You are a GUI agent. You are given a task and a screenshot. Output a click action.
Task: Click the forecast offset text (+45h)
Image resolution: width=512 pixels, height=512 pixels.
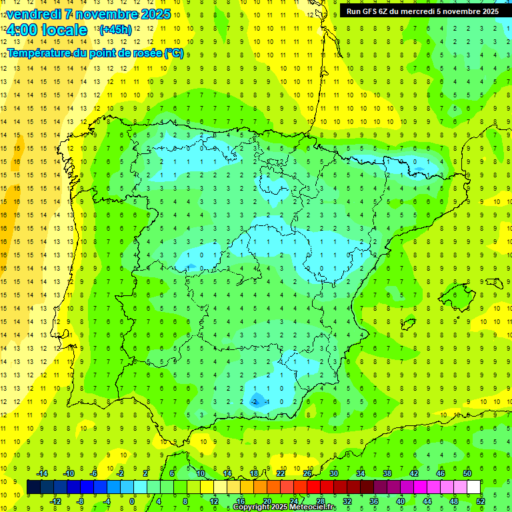coord(115,30)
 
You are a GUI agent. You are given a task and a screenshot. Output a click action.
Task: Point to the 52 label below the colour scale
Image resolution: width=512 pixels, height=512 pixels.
coord(481,501)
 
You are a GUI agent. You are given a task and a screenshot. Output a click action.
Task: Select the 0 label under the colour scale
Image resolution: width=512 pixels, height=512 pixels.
coord(132,501)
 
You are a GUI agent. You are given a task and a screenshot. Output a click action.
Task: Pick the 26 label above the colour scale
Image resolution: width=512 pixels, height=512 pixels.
coord(307,473)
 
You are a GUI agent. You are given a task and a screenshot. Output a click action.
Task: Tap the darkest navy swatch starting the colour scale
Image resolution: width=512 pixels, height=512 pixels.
coord(34,487)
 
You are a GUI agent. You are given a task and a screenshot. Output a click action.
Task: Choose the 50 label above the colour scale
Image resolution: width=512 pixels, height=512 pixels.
coord(467,473)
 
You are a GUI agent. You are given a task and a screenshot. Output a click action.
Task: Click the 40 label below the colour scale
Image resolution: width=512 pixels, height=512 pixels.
coord(401,501)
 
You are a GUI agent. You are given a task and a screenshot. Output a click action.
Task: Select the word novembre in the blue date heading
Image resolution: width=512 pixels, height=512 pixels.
coord(107,14)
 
